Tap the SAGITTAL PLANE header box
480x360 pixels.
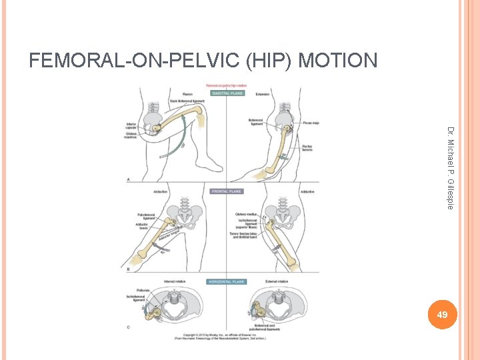click(229, 93)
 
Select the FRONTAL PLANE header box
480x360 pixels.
click(227, 191)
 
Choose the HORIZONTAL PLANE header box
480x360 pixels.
click(228, 281)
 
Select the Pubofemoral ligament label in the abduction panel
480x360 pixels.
click(146, 216)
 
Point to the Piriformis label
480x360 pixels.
click(143, 290)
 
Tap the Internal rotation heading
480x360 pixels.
click(175, 282)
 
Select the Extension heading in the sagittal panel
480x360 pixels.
click(263, 94)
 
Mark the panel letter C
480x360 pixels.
click(128, 327)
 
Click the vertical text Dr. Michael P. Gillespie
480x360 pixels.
click(450, 167)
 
